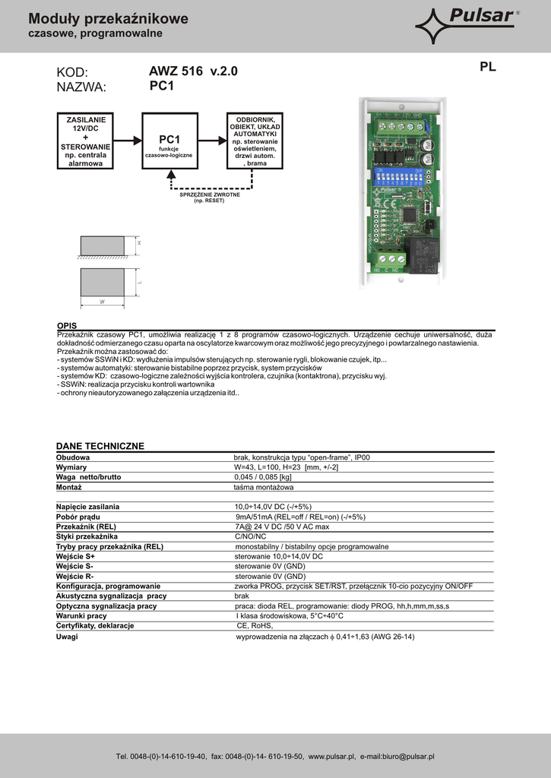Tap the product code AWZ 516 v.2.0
tap(193, 71)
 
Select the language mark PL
tap(488, 67)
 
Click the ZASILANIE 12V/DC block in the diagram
tap(86, 141)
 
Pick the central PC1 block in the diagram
tap(169, 141)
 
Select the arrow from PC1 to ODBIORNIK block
tap(212, 140)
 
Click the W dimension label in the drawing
tap(101, 302)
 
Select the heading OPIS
tap(67, 325)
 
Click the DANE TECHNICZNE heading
tap(100, 445)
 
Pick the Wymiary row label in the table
tap(72, 467)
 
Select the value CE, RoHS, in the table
tap(255, 625)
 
